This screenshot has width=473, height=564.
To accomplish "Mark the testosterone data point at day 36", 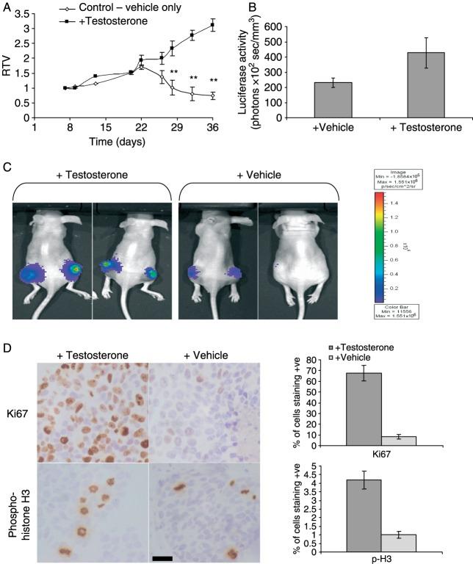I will click(x=212, y=25).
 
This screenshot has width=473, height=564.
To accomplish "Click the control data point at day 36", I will click(x=212, y=95).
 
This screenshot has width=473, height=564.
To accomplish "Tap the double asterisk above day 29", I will click(x=174, y=72).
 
